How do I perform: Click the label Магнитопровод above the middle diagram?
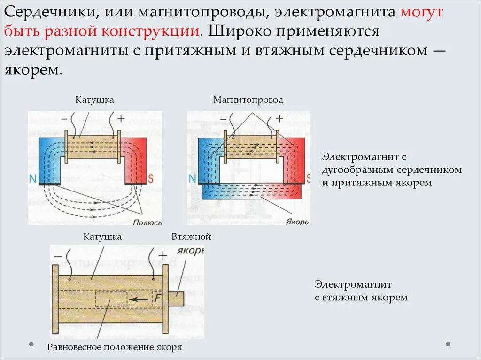(248, 100)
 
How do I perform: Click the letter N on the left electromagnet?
(32, 178)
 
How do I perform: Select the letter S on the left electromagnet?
(151, 178)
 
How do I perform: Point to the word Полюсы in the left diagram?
(147, 223)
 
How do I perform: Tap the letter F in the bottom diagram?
(157, 298)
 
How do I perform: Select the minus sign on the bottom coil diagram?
(58, 256)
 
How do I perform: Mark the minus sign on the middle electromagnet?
(223, 119)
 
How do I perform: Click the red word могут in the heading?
(421, 12)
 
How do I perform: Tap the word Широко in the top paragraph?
(238, 31)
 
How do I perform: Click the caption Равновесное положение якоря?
(115, 348)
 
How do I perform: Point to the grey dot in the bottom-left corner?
(31, 344)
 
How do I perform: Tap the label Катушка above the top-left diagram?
(94, 100)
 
